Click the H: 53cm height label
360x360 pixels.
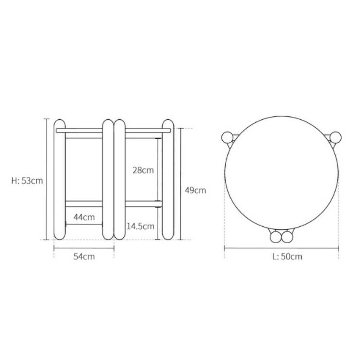coord(27,181)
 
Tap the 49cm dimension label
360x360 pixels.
coord(195,190)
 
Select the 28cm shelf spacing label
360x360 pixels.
coord(143,170)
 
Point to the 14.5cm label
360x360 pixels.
coord(141,226)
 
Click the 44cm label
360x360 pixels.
coord(84,217)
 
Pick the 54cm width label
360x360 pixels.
coord(84,256)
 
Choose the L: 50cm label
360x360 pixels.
coord(287,256)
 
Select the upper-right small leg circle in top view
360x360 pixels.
coord(335,138)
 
